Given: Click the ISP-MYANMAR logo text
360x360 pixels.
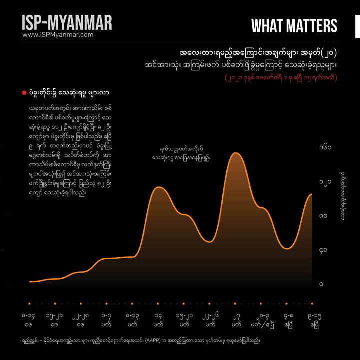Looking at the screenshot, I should tap(67, 22).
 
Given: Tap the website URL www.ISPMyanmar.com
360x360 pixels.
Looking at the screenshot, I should tap(58, 35).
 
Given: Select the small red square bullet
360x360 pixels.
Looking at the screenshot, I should tap(24, 93).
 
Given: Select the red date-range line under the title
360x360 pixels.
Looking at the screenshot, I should tap(281, 78).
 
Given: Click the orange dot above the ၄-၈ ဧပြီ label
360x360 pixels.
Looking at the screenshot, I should tap(288, 303).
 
